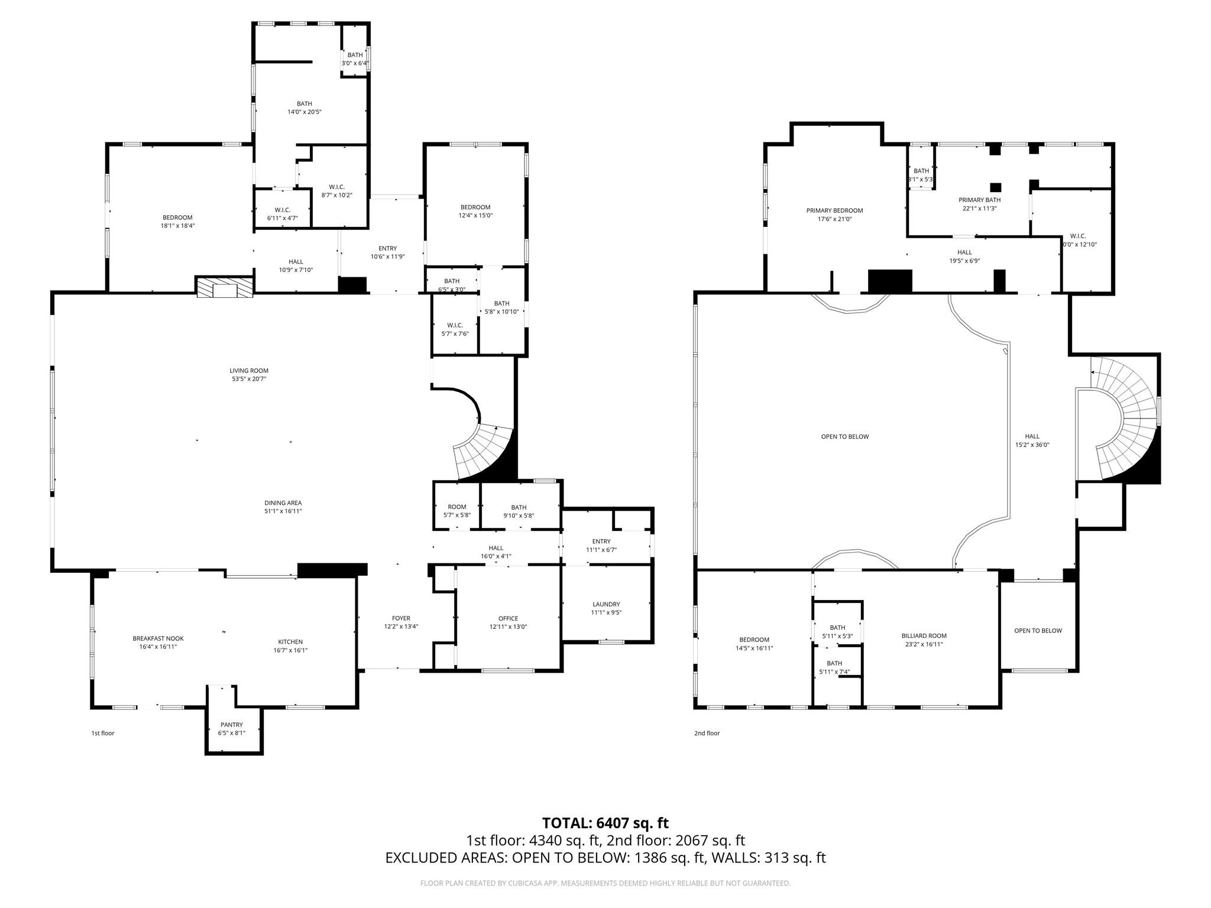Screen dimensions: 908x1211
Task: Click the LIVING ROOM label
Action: pos(248,371)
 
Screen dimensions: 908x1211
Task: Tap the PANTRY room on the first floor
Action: pos(232,725)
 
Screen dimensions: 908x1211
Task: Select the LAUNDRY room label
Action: pos(606,604)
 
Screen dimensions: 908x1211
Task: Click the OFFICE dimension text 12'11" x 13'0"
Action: pos(508,627)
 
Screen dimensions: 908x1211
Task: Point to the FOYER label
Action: pos(401,618)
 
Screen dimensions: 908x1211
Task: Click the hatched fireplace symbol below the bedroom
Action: pos(225,288)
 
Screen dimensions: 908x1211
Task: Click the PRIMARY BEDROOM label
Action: pos(834,210)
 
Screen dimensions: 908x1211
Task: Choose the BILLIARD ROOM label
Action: pos(924,636)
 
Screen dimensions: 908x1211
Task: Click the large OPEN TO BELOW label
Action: pos(844,437)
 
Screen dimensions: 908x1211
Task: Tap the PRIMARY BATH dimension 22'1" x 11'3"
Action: pos(980,208)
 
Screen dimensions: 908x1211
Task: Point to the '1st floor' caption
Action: pos(102,733)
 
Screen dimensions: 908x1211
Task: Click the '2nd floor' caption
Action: pos(707,733)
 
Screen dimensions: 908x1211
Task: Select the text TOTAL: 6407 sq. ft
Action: pos(605,823)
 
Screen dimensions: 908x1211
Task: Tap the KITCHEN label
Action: pos(290,642)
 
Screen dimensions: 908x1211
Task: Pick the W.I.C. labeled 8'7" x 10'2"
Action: pos(336,187)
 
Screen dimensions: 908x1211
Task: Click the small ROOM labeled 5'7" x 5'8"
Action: pos(456,507)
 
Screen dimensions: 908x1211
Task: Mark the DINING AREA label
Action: pos(283,503)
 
